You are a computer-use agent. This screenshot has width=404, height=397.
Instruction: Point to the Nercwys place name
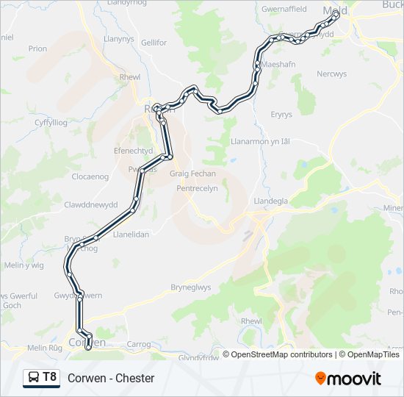pos(331,74)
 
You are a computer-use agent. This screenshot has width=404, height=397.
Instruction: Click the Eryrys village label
pos(281,115)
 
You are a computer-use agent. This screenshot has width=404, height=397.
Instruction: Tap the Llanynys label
pos(118,38)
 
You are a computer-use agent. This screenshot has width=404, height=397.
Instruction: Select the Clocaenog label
pos(90,177)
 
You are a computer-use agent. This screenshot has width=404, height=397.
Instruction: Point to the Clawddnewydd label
pos(90,204)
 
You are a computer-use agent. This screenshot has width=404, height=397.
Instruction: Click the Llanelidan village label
pos(131,234)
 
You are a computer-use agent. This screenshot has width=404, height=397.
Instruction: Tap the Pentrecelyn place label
pos(198,189)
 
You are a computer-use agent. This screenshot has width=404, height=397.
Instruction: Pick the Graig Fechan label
pos(193,174)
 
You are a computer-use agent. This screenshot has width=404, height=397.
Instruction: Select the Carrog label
pos(138,344)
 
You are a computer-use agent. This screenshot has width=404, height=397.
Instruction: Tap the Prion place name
pos(37,49)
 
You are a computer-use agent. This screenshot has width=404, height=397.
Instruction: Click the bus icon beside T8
pos(34,378)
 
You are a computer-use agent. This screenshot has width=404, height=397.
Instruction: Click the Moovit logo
pos(348,379)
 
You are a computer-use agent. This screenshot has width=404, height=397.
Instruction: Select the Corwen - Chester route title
pos(111,378)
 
